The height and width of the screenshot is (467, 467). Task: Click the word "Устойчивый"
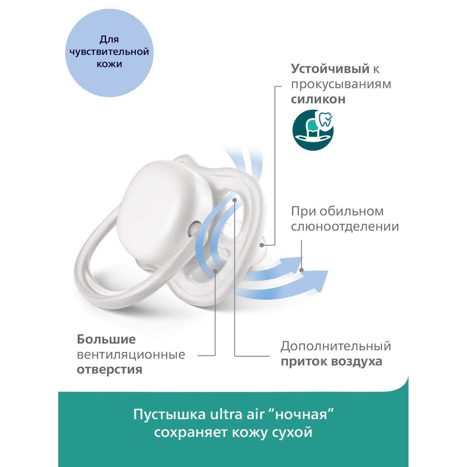tap(330, 69)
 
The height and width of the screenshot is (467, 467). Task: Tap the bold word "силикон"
tap(318, 99)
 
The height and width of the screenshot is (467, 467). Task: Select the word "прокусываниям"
tap(341, 84)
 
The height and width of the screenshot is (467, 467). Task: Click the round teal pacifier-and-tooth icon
tap(313, 130)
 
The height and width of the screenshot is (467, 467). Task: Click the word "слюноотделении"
tap(345, 226)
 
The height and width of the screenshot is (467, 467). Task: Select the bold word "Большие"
tap(106, 339)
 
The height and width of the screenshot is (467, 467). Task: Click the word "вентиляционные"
tap(131, 354)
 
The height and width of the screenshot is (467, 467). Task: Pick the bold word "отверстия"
tap(109, 370)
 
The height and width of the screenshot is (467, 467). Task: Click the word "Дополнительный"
tap(336, 346)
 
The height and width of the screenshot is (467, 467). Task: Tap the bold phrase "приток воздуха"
tap(331, 361)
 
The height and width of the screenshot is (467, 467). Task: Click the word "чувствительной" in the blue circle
tap(109, 52)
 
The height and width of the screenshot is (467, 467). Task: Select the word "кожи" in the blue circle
tap(109, 64)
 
